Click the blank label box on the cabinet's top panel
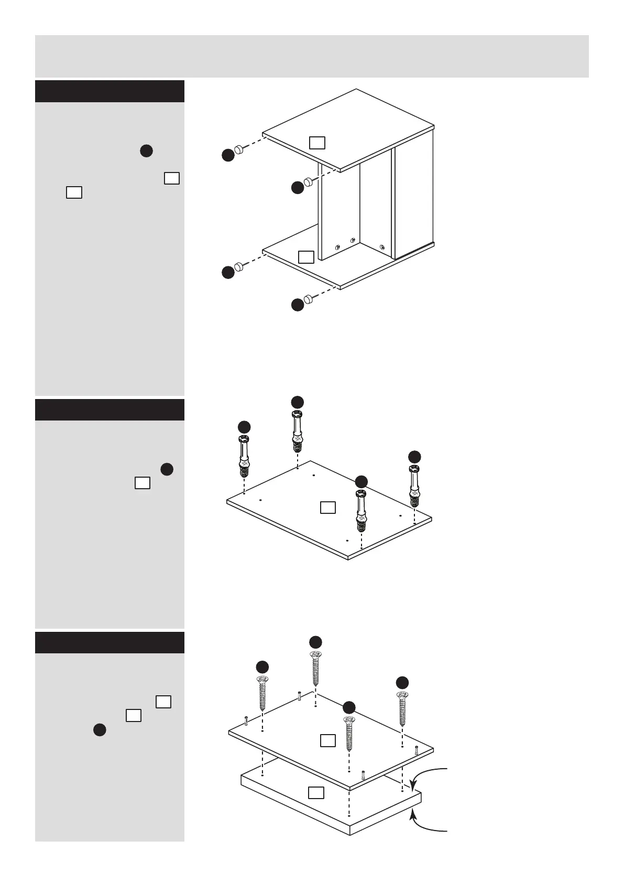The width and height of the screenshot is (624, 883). [317, 143]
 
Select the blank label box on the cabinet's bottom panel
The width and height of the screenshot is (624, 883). [306, 257]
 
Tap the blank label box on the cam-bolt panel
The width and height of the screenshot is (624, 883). [328, 507]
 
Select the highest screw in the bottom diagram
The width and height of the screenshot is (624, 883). [315, 668]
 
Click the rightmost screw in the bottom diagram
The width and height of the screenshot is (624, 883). [402, 708]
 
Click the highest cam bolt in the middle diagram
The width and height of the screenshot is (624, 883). [297, 432]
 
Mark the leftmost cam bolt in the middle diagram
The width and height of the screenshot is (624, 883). [244, 456]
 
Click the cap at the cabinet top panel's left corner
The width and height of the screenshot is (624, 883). [239, 149]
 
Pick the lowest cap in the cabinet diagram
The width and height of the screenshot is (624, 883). [309, 299]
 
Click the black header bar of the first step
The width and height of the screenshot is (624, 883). [110, 91]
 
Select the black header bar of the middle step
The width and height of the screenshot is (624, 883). [110, 410]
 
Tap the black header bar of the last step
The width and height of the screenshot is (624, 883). [110, 642]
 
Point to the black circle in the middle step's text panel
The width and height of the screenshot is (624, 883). [167, 469]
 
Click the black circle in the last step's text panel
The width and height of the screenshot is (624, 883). [100, 730]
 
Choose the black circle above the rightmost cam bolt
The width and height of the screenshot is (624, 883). [414, 456]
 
